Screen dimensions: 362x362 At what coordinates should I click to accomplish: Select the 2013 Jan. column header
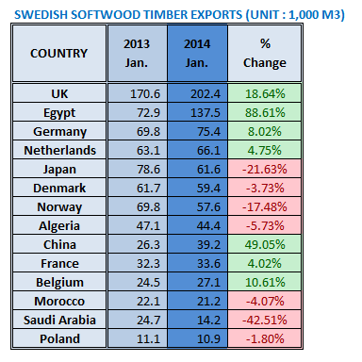[x=136, y=53]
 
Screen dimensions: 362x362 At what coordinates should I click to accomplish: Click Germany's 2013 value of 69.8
[x=136, y=130]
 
